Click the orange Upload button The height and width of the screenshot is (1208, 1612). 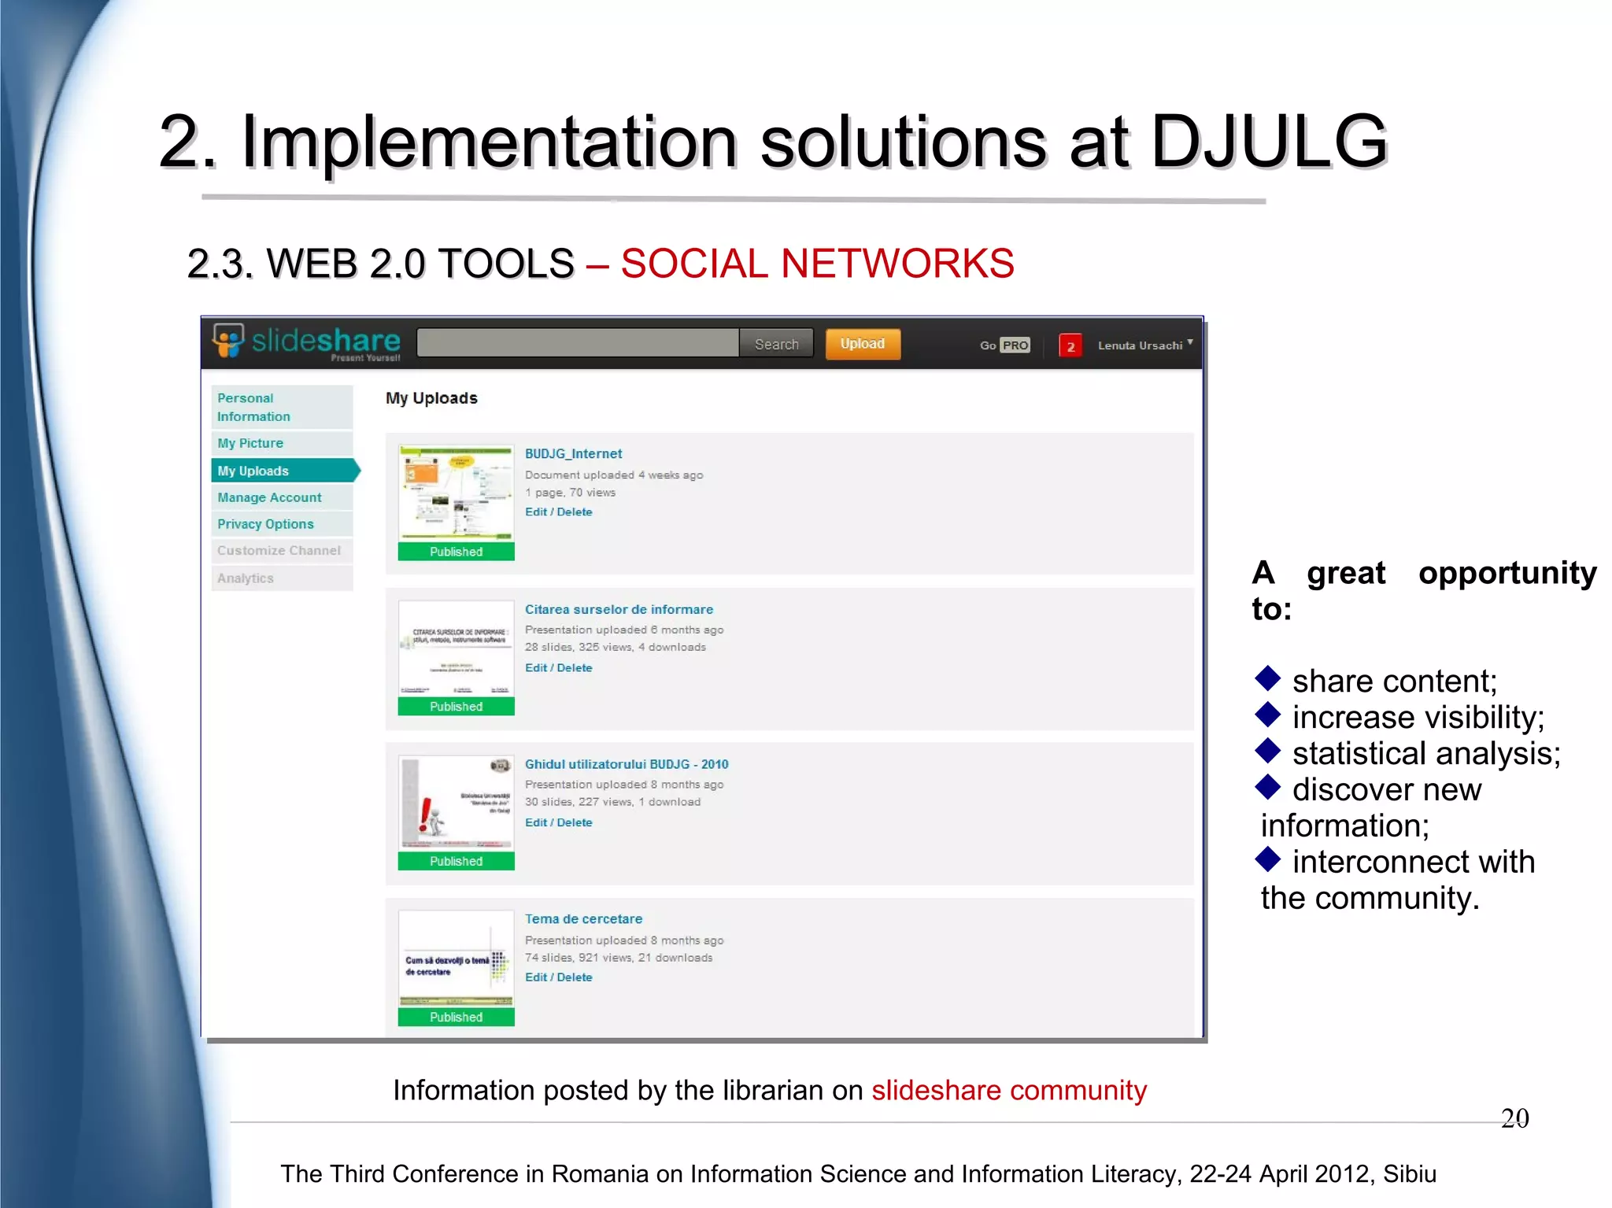[862, 344]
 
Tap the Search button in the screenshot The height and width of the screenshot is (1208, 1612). [776, 344]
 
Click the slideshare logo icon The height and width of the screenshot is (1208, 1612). [228, 341]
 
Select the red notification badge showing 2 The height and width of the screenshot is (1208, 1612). [1070, 346]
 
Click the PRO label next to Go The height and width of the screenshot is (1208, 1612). [1015, 345]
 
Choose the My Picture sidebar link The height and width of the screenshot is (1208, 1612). [250, 443]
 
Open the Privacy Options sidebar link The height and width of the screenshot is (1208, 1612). [265, 524]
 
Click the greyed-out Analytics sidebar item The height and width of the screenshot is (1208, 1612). [246, 578]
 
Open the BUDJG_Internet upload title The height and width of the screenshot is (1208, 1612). [573, 454]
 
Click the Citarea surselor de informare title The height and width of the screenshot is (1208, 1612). [619, 609]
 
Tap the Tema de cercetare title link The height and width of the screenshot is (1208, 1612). [583, 919]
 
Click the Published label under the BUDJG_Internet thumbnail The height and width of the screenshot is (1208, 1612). [456, 552]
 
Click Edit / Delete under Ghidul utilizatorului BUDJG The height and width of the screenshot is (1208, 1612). [558, 822]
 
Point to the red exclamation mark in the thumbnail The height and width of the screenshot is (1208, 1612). [426, 813]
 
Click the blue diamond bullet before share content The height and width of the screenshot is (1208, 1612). [1267, 678]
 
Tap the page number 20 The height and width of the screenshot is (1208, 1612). [1514, 1118]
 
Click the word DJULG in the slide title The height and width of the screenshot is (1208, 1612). [1268, 142]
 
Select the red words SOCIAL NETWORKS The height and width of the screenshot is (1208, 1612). [817, 264]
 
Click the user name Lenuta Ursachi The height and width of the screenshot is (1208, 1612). [1140, 345]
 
